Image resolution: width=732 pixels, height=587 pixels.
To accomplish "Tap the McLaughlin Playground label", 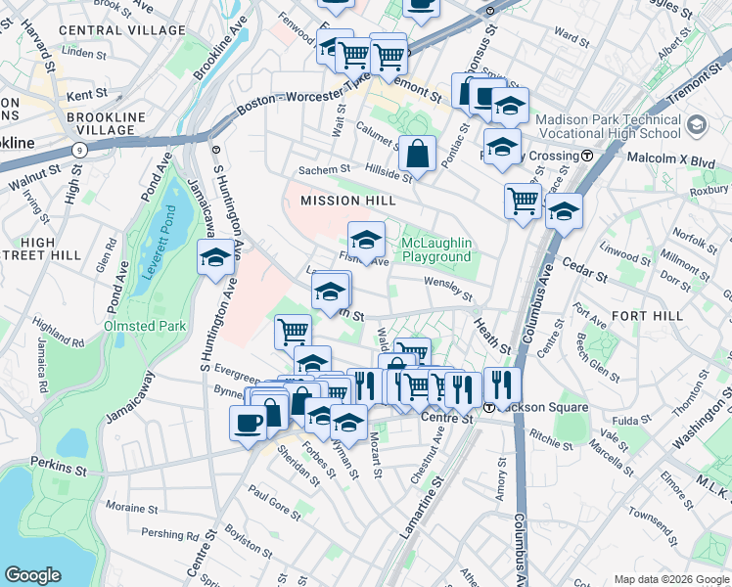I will pyautogui.click(x=436, y=249).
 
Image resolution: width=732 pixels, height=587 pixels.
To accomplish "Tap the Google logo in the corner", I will pyautogui.click(x=32, y=575).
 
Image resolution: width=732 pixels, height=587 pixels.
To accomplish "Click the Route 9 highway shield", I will pyautogui.click(x=79, y=150).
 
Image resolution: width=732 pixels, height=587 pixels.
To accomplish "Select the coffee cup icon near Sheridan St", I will pyautogui.click(x=247, y=422).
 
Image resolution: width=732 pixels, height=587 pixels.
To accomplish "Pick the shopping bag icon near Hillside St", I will pyautogui.click(x=417, y=154).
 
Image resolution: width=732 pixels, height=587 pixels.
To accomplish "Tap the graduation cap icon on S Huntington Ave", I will pyautogui.click(x=215, y=258).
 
